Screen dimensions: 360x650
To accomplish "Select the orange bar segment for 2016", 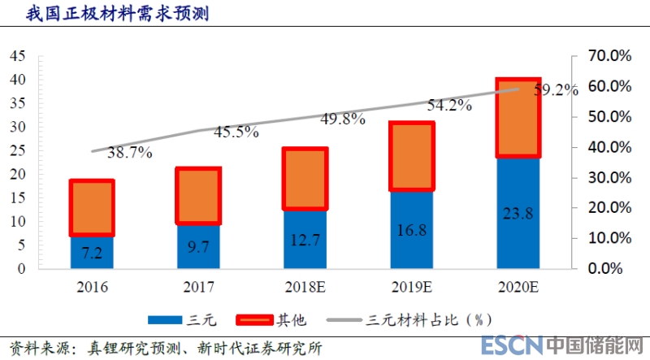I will (x=92, y=208).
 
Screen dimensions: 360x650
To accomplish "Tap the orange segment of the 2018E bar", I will (x=305, y=180).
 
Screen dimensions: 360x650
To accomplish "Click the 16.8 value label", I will (x=412, y=231).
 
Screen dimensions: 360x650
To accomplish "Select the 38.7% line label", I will (x=129, y=152).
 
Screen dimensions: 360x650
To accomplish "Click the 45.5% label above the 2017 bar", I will (x=236, y=130).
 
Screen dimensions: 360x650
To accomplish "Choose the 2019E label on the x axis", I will (x=412, y=286).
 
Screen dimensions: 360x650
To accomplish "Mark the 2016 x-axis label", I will (x=92, y=286).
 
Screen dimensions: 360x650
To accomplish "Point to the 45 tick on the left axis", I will (x=18, y=56).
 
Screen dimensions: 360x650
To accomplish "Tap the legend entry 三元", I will (x=175, y=320).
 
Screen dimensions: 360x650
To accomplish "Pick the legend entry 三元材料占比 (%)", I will (x=415, y=320).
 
